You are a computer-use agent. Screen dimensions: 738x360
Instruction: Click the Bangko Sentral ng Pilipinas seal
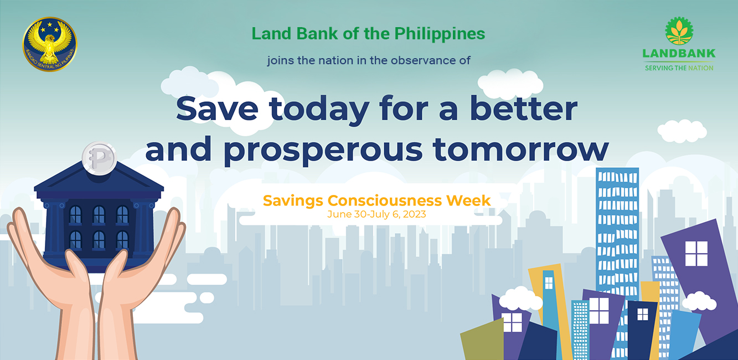click(x=50, y=44)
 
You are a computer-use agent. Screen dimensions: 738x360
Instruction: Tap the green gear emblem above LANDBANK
click(x=679, y=30)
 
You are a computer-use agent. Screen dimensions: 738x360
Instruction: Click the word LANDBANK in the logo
click(x=679, y=53)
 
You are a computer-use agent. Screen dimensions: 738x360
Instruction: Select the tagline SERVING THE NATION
click(x=679, y=68)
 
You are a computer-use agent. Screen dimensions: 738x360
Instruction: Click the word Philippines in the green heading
click(x=440, y=34)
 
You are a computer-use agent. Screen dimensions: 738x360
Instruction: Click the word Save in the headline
click(x=217, y=109)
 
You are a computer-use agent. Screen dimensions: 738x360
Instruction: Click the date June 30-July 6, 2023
click(x=376, y=214)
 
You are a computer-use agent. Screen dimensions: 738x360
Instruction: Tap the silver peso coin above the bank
click(x=99, y=158)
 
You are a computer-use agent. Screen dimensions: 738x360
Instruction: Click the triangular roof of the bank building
click(x=99, y=179)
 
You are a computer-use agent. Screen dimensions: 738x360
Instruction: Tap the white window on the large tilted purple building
click(x=696, y=254)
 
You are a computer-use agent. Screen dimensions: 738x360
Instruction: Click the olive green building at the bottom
click(x=482, y=340)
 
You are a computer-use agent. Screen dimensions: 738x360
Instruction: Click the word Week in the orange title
click(x=468, y=200)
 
